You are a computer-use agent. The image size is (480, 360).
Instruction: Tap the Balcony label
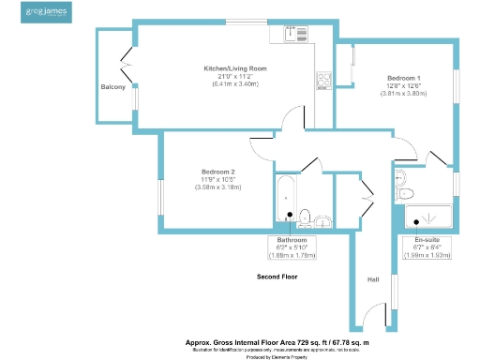pos(113,87)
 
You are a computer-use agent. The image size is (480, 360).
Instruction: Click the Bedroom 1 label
pos(404,78)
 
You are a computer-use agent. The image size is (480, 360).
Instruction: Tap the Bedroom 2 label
pos(217,172)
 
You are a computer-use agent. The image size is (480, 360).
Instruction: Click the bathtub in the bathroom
pos(286,201)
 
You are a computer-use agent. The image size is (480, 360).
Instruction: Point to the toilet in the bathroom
pos(322,221)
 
